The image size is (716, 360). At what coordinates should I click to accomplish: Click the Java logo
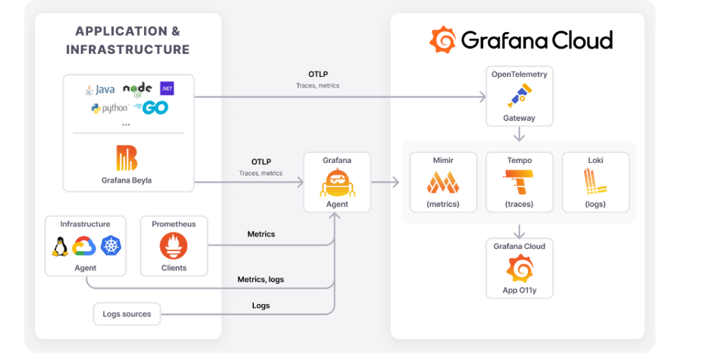99,89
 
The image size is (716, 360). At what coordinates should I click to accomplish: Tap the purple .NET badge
167,89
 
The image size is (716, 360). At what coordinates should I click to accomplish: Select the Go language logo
151,108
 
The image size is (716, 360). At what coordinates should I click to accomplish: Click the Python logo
110,108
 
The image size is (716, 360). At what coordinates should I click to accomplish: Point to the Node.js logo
138,89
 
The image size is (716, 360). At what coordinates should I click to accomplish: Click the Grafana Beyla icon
127,158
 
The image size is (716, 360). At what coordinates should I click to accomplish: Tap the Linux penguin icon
60,246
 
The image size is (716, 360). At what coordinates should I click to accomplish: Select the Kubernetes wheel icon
111,245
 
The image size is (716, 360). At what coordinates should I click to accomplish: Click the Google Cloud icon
84,246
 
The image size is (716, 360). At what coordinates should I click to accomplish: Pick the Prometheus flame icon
173,245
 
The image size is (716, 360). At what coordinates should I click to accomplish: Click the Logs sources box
127,314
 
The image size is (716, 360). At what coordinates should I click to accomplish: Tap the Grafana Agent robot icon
337,182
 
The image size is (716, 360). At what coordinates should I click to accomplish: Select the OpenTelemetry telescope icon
520,96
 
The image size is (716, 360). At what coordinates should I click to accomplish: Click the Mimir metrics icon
443,182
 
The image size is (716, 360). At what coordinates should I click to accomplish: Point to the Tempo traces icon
519,182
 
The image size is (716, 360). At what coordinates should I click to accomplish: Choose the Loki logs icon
595,182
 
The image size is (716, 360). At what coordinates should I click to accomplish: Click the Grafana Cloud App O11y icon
520,268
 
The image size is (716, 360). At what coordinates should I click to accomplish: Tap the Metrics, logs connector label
261,279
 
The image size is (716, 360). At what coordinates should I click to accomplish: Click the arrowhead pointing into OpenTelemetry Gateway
482,96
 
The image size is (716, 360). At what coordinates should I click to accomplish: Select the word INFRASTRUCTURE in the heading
128,49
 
